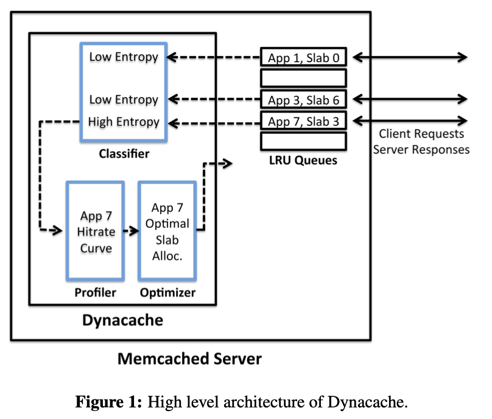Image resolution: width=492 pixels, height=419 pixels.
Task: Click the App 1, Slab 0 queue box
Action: (x=303, y=58)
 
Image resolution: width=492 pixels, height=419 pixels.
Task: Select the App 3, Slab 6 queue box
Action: (x=303, y=99)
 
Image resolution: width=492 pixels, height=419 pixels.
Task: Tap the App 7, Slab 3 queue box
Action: (x=303, y=121)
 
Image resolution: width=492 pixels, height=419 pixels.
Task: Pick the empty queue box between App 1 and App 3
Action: (x=303, y=78)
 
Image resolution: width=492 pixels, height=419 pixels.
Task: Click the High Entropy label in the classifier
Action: (x=124, y=122)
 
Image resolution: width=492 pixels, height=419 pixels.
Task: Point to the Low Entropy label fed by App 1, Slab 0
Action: (x=124, y=57)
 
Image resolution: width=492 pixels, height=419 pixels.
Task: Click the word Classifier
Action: (x=124, y=154)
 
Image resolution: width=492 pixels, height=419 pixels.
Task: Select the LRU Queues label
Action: (x=303, y=161)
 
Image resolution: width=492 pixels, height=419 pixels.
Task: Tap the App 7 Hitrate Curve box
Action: (x=96, y=231)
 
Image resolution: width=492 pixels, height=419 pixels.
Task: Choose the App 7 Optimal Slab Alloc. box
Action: (x=167, y=231)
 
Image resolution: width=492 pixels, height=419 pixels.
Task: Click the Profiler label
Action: (x=96, y=293)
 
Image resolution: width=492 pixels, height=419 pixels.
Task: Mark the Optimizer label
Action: (x=168, y=293)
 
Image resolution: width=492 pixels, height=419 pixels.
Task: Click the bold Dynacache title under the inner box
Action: (x=123, y=320)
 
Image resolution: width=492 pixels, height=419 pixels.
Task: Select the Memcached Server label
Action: (x=189, y=359)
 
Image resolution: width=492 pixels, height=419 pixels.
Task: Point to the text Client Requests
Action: (x=421, y=134)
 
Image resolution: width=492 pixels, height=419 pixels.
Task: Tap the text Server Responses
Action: (x=421, y=149)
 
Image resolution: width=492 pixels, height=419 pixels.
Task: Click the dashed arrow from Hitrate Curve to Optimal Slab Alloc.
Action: (x=130, y=231)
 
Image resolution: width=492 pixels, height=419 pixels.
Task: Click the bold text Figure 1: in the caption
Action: (x=109, y=402)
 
